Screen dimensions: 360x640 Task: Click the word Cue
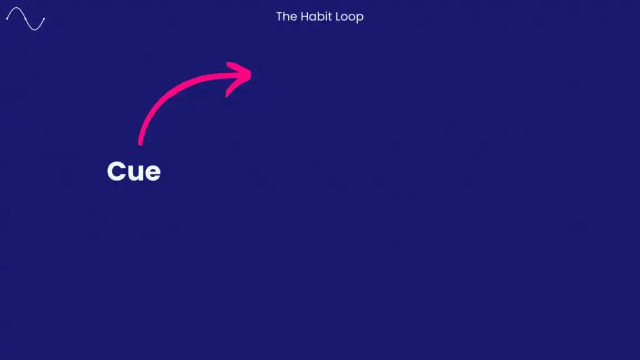tap(133, 172)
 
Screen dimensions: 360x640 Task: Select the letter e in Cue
tap(152, 173)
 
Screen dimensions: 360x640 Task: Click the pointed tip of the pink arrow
tap(251, 72)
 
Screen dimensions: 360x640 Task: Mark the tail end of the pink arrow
tap(140, 143)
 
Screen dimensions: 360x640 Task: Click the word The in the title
tap(286, 17)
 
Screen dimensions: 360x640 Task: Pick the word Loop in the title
tap(349, 17)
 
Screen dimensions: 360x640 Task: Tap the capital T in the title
tap(279, 17)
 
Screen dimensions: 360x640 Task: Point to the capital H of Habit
tap(304, 17)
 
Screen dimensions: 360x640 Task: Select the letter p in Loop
tap(360, 18)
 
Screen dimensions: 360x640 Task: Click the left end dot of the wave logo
tap(7, 18)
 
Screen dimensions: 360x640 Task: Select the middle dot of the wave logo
tap(25, 18)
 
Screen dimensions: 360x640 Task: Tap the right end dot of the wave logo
tap(44, 19)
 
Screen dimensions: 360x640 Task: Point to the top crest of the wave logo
tap(16, 8)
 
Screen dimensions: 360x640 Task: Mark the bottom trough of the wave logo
tap(34, 29)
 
